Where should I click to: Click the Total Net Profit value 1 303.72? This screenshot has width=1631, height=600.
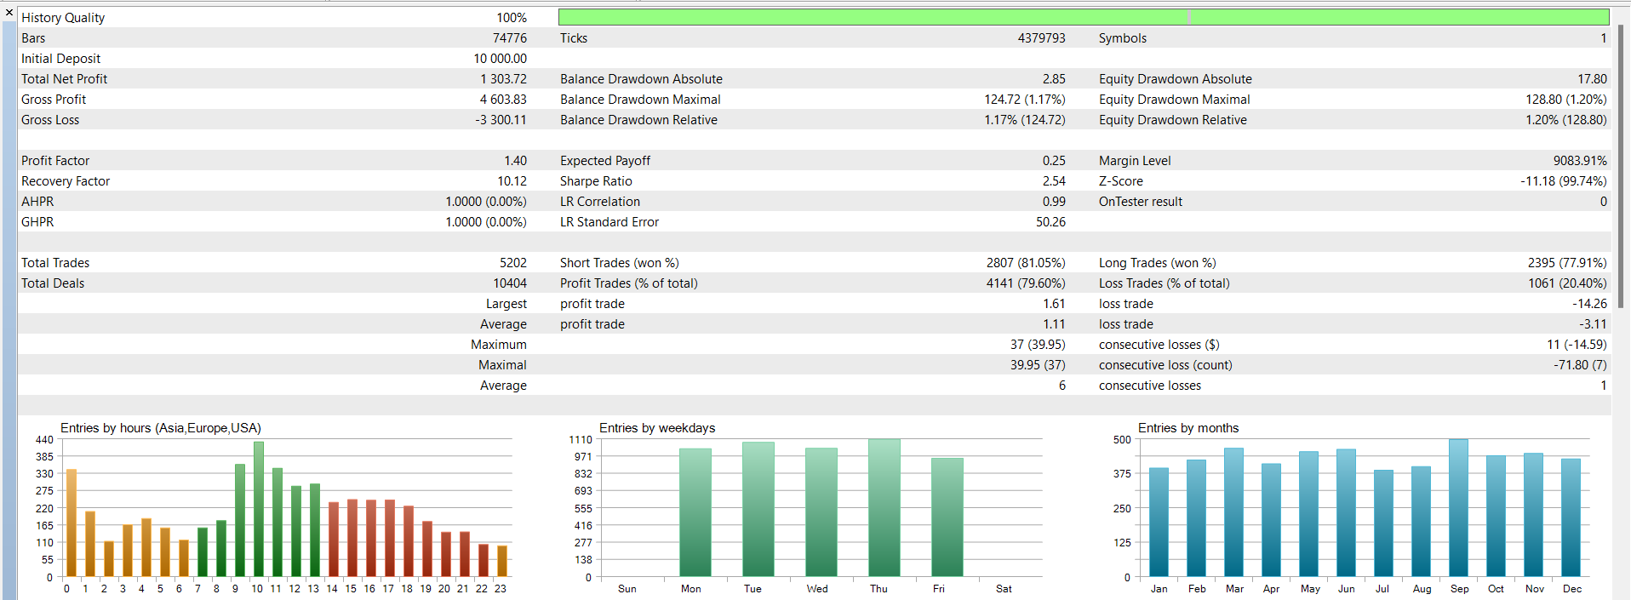coord(503,79)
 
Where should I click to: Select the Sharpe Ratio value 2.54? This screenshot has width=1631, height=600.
coord(1053,181)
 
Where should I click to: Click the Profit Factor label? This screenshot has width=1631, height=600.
coord(55,161)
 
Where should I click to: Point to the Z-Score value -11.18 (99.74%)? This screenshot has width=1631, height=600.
coord(1563,181)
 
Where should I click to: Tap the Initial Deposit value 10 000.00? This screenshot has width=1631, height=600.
coord(500,59)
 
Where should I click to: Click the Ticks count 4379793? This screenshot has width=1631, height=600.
coord(1041,38)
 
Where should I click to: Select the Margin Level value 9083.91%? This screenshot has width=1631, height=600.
coord(1579,161)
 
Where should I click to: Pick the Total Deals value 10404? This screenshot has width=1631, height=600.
coord(509,283)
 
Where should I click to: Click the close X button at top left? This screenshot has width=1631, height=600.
coord(9,13)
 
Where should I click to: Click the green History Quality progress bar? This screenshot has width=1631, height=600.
coord(1083,17)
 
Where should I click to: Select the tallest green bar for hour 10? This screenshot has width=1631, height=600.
coord(258,509)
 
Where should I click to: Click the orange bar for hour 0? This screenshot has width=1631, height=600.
coord(72,523)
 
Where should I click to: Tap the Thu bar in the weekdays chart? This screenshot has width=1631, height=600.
coord(884,508)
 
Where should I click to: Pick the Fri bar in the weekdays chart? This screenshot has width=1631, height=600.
coord(947,517)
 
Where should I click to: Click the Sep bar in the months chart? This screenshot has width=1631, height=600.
coord(1458,508)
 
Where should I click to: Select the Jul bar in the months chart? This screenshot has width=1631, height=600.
coord(1383,523)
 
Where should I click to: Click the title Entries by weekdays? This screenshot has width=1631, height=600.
coord(656,428)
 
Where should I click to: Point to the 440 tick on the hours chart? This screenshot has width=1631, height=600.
coord(44,440)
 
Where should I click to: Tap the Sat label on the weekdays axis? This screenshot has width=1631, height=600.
coord(1004,589)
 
